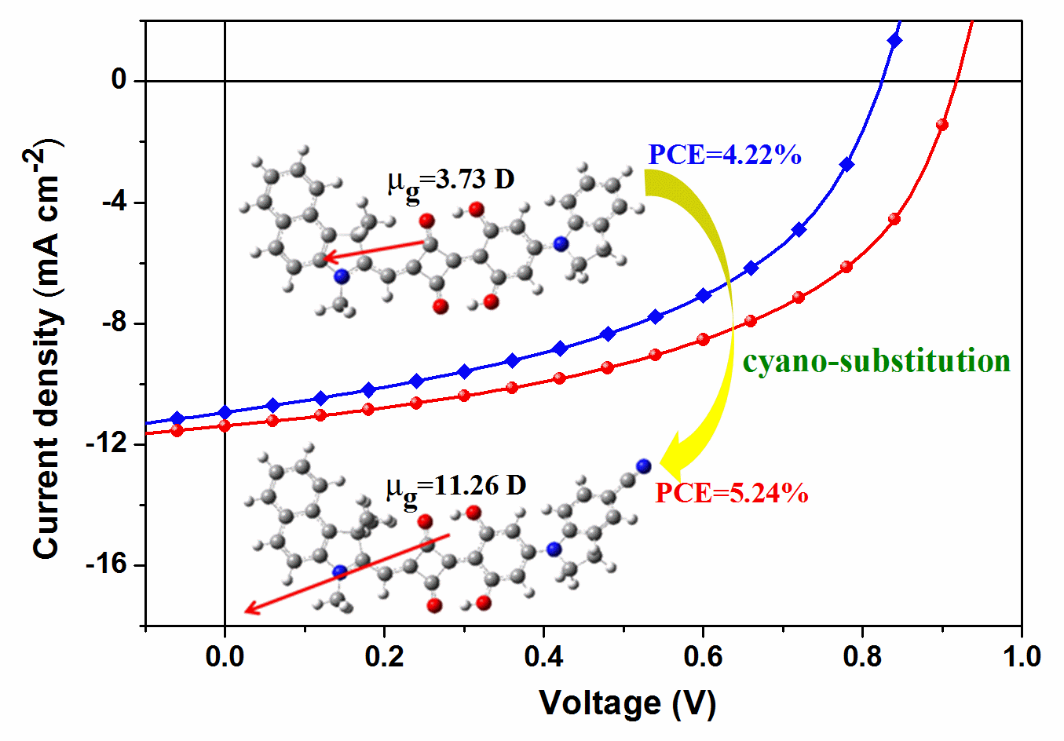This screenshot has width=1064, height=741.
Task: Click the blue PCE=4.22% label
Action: pyautogui.click(x=724, y=155)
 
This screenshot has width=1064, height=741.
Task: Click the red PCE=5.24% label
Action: pyautogui.click(x=731, y=493)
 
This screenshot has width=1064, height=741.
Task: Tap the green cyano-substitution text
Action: pyautogui.click(x=876, y=361)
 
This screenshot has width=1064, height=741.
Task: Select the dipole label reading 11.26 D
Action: pyautogui.click(x=455, y=487)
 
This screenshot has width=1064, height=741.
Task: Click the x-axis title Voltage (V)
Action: pyautogui.click(x=627, y=703)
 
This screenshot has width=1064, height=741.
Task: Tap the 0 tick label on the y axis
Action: pyautogui.click(x=119, y=80)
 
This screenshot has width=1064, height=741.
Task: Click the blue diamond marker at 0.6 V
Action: pyautogui.click(x=704, y=295)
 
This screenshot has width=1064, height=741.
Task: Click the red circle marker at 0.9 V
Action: pyautogui.click(x=942, y=125)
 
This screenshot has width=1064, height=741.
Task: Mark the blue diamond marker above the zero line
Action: pyautogui.click(x=894, y=41)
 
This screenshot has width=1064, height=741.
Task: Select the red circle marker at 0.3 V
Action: pyautogui.click(x=464, y=396)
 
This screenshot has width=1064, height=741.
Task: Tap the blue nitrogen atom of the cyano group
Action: pyautogui.click(x=643, y=466)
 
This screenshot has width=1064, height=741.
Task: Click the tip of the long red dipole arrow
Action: pyautogui.click(x=247, y=611)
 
